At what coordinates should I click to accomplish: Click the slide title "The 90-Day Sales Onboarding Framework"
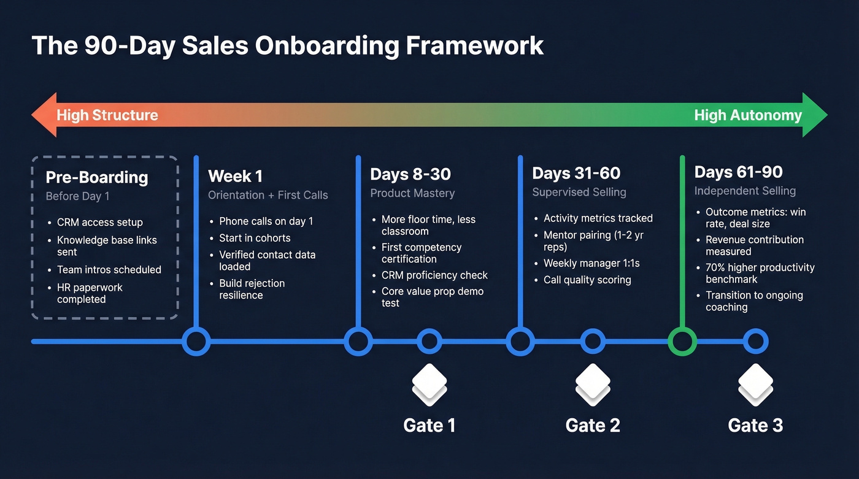(x=287, y=46)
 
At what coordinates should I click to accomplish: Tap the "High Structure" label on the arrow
(x=107, y=115)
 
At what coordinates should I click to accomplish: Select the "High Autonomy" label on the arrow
(x=748, y=115)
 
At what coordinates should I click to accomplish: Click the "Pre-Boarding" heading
(x=97, y=178)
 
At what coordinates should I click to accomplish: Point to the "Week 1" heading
(x=235, y=177)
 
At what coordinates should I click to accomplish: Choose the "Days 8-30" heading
(x=410, y=174)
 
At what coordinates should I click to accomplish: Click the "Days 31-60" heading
(x=576, y=174)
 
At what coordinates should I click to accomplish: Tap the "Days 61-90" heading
(x=738, y=172)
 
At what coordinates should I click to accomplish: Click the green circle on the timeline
(x=682, y=342)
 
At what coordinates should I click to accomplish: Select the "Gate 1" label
(x=429, y=426)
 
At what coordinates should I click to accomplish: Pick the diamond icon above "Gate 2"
(x=593, y=383)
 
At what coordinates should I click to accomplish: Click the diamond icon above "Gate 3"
(x=755, y=383)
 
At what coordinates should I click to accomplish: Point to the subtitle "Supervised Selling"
(x=579, y=193)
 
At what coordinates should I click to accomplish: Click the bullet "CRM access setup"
(x=100, y=223)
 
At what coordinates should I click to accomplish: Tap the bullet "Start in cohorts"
(x=255, y=238)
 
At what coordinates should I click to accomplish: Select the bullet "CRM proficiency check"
(x=434, y=275)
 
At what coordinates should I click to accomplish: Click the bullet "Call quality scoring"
(x=587, y=280)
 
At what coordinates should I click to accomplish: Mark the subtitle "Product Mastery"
(x=412, y=193)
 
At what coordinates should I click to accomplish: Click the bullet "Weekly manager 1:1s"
(x=591, y=263)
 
